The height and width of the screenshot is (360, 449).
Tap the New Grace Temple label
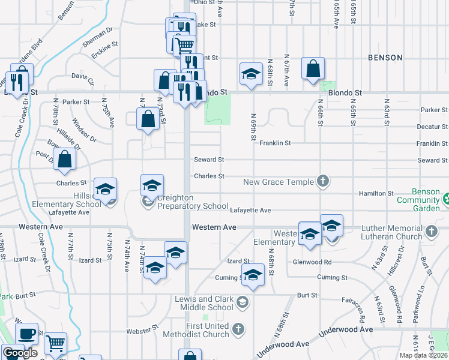coord(279,181)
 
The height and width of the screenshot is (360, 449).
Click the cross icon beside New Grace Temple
coord(323,181)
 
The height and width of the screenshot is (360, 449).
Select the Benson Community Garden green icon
coord(446,199)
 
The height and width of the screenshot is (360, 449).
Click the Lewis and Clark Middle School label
coord(203,303)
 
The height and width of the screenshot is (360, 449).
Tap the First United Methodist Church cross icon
coord(239,329)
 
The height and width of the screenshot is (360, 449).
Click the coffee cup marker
coord(26,334)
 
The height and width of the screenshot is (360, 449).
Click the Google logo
coord(20,353)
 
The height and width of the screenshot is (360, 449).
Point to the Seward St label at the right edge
coord(432,160)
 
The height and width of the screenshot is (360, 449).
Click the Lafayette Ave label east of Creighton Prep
coord(250,210)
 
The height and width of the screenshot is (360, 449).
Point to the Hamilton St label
coord(376,193)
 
